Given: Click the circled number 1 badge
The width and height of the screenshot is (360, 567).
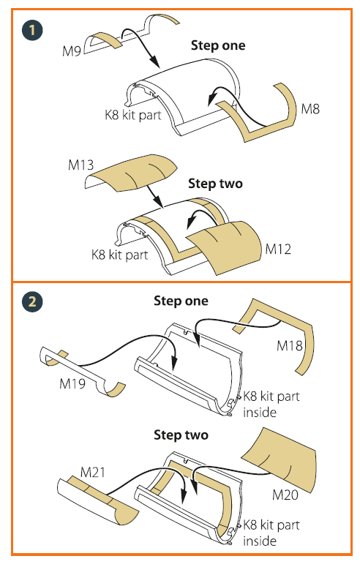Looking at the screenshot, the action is pos(32,30).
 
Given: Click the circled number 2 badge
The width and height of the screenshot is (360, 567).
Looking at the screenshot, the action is pos(32,301).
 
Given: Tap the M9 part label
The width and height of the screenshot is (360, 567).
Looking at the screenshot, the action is pos(72,51).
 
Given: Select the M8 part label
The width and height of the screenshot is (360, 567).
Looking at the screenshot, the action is pos(310,108).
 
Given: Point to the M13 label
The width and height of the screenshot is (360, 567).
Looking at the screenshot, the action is pos(80,165).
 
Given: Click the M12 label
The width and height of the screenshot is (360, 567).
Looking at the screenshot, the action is pos(278,249).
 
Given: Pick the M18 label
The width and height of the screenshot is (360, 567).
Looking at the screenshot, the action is pos(290,346).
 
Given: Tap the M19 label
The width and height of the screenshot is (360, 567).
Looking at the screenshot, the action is pos(72,383).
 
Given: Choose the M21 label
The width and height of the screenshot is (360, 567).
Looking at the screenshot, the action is pos(93,472).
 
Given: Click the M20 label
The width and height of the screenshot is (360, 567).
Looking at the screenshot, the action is pos(285,495).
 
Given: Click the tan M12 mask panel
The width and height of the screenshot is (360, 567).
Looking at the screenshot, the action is pos(225,246).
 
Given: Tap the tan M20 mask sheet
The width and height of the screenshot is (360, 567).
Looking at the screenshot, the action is pos(280,459).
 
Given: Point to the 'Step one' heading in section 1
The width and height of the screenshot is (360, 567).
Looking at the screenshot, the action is pos(218,45).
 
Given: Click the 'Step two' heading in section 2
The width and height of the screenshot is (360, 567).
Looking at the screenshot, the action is pos(181,435).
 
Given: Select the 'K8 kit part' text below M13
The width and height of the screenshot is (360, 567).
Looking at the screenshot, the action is pos(120,255).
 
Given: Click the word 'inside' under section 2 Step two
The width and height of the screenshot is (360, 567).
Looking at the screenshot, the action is pos(260,541).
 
